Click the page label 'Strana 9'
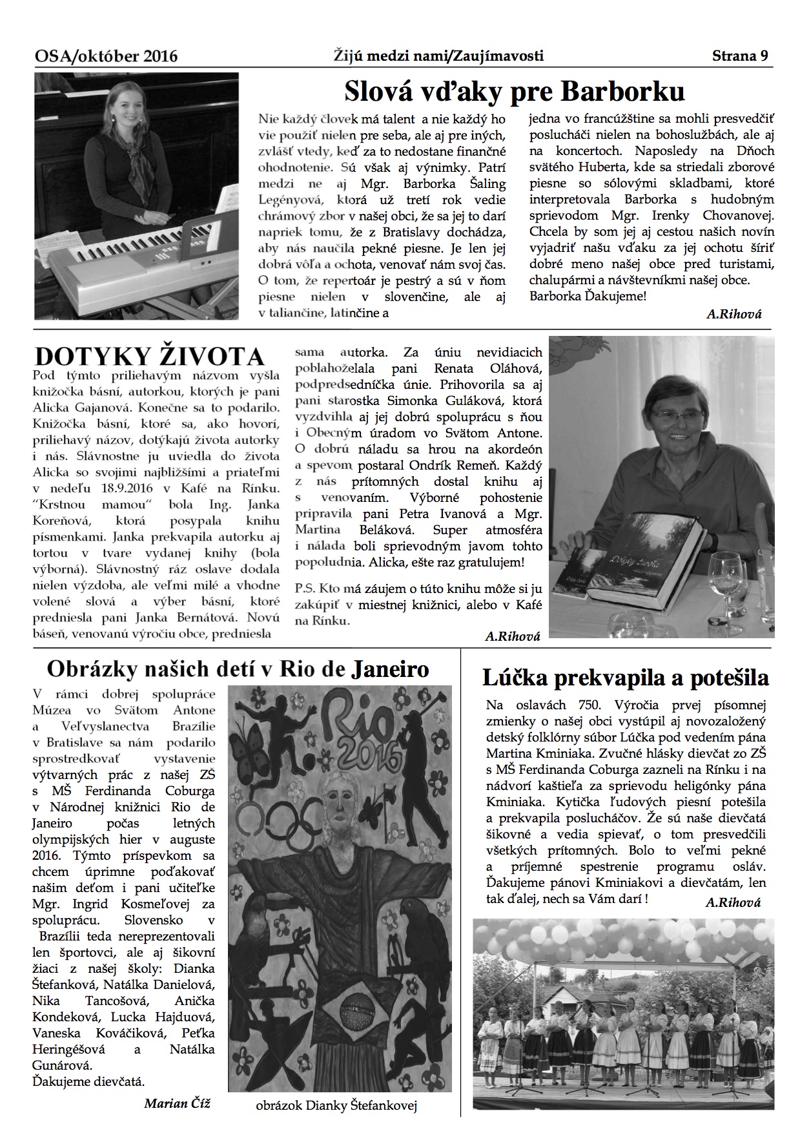[x=740, y=56]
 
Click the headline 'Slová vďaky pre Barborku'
[x=514, y=92]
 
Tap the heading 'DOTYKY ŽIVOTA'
[x=149, y=357]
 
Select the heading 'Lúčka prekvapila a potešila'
[x=625, y=678]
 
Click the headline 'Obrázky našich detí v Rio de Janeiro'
[x=238, y=669]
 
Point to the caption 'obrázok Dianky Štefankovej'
[x=336, y=1105]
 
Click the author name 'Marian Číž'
[x=177, y=1103]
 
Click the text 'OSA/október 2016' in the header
[x=107, y=57]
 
